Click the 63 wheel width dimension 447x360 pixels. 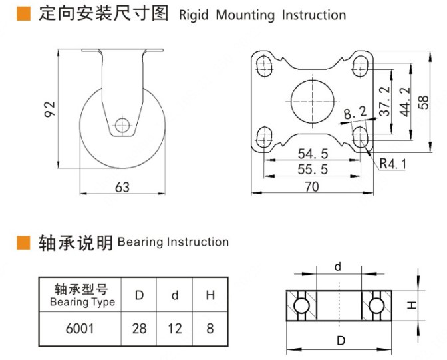tap(122, 188)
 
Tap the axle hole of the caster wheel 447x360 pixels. tap(122, 124)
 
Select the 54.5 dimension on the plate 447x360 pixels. tap(313, 154)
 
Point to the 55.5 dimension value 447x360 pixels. tap(313, 170)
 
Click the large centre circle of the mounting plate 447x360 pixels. tap(312, 100)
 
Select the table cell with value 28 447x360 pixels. tap(140, 328)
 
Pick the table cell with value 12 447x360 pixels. tap(175, 328)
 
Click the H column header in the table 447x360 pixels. tap(210, 295)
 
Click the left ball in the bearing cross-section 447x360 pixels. tap(301, 306)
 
